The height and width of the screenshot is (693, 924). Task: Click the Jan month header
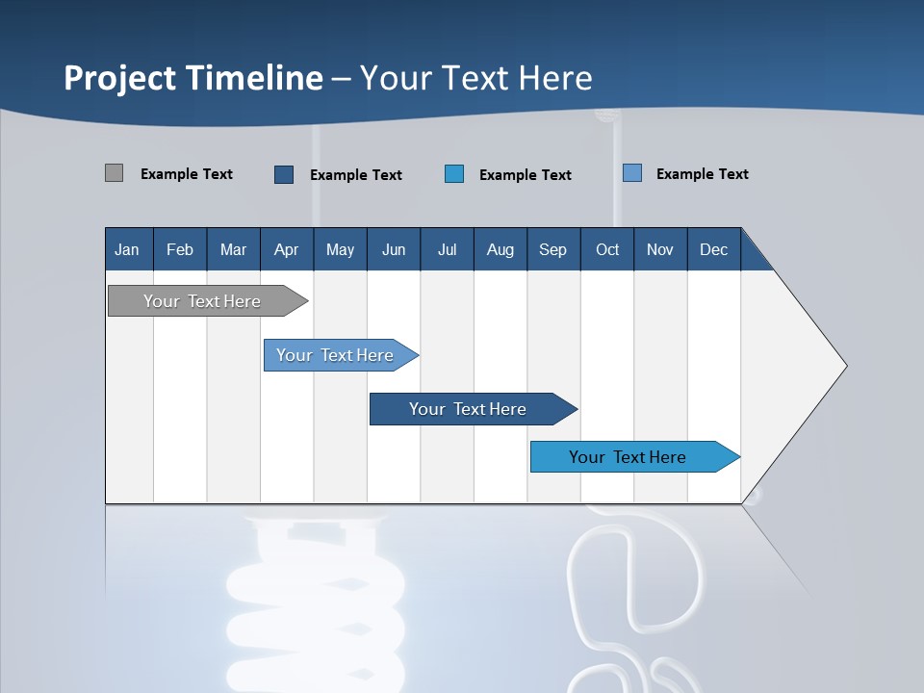coord(128,249)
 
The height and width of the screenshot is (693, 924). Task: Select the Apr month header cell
coord(286,249)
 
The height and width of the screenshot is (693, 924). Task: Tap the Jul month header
coord(447,249)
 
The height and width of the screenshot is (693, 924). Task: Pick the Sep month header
coord(552,249)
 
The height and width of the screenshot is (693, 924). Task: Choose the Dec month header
coord(713,249)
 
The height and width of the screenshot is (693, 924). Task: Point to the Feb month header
coord(180,249)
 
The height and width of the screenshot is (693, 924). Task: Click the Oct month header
coord(607,249)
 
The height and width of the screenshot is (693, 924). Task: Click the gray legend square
coord(114,173)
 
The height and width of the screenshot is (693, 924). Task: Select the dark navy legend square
coord(284,174)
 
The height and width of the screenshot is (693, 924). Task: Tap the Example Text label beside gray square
coord(187,174)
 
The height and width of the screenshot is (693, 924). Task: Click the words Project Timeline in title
coord(192,78)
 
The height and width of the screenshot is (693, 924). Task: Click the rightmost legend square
coord(631,173)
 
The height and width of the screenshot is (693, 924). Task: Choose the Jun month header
coord(394,249)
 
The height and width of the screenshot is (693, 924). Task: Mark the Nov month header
coord(660,249)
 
